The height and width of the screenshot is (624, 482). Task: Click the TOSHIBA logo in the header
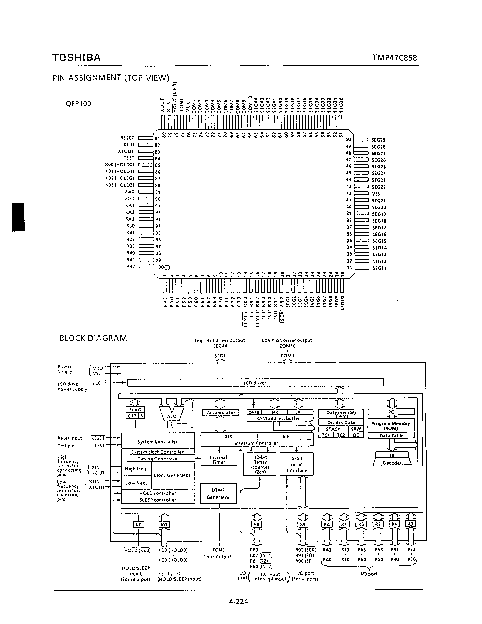(x=76, y=58)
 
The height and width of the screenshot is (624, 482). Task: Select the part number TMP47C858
(x=395, y=58)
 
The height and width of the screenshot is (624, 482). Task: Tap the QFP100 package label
(x=78, y=103)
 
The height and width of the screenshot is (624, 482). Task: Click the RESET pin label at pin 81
(x=127, y=138)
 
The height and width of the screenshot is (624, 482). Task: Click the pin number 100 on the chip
(x=160, y=267)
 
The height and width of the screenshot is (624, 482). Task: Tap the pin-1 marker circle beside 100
(x=167, y=268)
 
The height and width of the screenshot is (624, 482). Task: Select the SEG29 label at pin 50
(x=378, y=140)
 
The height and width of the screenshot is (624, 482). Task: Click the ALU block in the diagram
(x=171, y=416)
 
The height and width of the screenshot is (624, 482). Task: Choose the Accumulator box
(x=220, y=413)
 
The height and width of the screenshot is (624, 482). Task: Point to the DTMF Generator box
(x=218, y=494)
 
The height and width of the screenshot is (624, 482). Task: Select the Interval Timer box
(x=219, y=459)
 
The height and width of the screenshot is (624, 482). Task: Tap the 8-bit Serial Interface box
(x=297, y=464)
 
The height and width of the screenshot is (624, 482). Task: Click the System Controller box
(x=158, y=441)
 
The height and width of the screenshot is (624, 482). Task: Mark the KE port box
(x=139, y=525)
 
